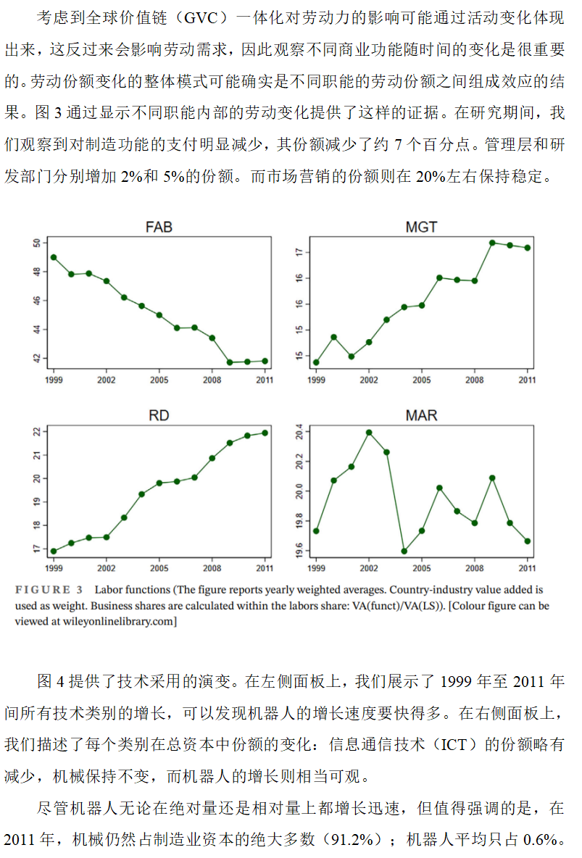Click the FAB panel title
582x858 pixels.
[x=159, y=228]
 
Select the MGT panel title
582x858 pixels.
[x=421, y=228]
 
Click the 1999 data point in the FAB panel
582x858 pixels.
[x=54, y=257]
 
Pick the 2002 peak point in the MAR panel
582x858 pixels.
[x=369, y=433]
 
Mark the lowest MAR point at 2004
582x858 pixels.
[x=404, y=551]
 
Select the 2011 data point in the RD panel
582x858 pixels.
[x=265, y=433]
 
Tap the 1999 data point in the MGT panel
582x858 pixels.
[x=316, y=362]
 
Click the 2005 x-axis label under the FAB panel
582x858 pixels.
[x=159, y=379]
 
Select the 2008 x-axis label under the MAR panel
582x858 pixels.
[x=474, y=567]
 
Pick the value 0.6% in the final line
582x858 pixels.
[x=542, y=839]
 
